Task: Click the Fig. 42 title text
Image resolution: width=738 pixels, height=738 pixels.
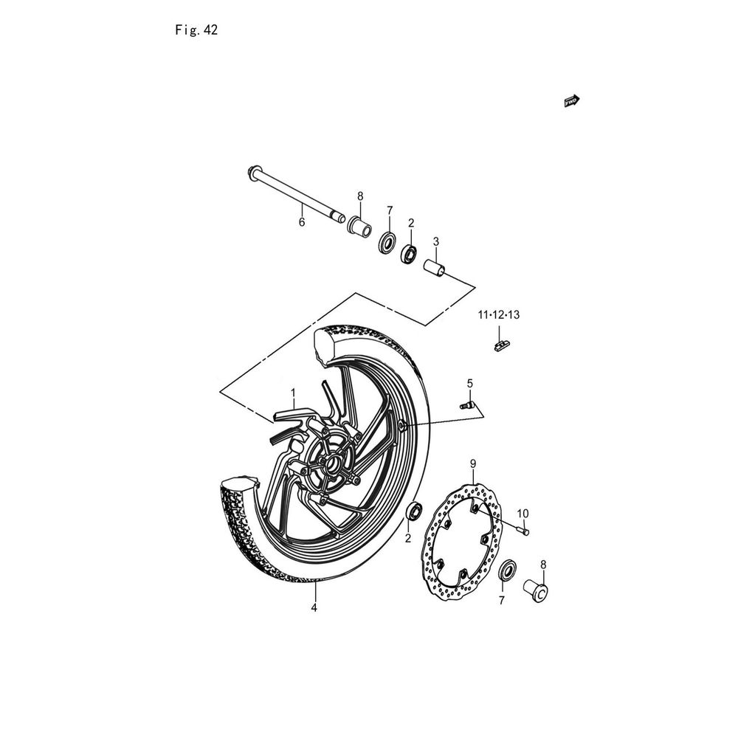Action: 196,30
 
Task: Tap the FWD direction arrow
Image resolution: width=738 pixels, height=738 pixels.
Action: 572,100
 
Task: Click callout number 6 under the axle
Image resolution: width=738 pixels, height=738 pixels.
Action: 302,221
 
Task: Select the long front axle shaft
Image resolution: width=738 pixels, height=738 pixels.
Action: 297,198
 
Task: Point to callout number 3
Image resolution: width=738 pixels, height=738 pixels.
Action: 436,241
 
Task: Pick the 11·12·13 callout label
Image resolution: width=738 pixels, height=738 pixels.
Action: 499,315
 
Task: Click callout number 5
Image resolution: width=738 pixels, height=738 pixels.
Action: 469,384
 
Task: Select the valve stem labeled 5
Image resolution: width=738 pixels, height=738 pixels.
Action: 467,404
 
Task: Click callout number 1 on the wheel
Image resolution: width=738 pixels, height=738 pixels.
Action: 293,393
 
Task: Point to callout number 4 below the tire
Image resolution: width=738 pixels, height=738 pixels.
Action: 314,608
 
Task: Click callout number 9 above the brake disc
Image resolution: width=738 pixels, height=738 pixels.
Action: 473,464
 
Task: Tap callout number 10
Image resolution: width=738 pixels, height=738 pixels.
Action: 523,514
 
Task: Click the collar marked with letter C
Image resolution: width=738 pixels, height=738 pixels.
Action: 537,590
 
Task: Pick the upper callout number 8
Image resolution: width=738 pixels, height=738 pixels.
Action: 361,196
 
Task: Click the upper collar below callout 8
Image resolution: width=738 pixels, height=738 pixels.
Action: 359,224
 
